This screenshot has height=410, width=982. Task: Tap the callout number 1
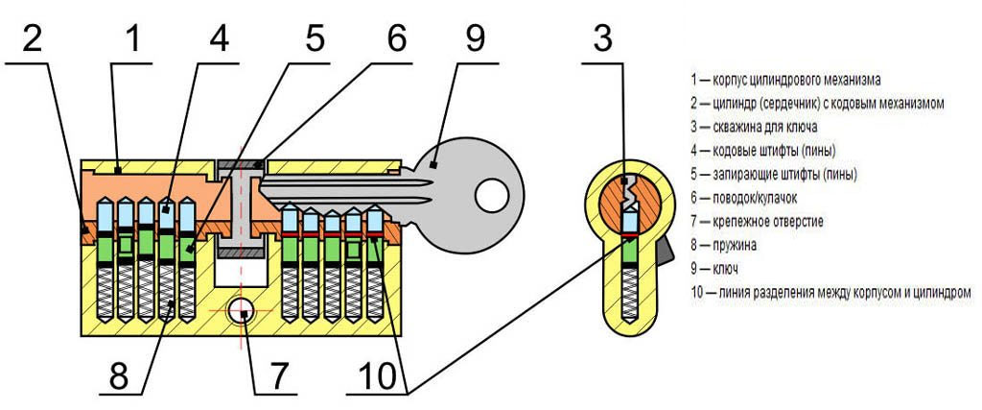click(132, 39)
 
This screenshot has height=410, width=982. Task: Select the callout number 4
click(220, 39)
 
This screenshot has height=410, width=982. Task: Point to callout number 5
click(315, 38)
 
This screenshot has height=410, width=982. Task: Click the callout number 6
click(396, 38)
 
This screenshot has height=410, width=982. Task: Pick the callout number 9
click(474, 38)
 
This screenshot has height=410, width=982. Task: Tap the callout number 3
click(602, 38)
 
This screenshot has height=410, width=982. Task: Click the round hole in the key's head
click(491, 195)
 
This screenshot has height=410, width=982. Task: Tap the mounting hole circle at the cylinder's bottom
click(240, 310)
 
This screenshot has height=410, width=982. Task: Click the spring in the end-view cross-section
click(629, 295)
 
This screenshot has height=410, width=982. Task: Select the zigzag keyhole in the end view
click(629, 194)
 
